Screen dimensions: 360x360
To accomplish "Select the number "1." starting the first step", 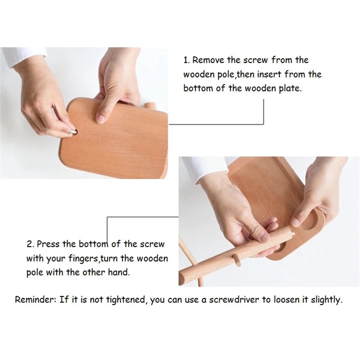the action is pyautogui.click(x=186, y=60).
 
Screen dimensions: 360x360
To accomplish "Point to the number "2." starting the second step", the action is pyautogui.click(x=30, y=244).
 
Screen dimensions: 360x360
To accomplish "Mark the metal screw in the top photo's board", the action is pyautogui.click(x=73, y=132).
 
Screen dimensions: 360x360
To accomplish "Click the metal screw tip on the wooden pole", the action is pyautogui.click(x=293, y=234).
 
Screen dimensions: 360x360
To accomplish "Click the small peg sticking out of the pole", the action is pyautogui.click(x=238, y=261).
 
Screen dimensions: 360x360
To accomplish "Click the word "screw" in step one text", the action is pyautogui.click(x=255, y=60).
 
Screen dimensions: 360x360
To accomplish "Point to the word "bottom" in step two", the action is pyautogui.click(x=94, y=244).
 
